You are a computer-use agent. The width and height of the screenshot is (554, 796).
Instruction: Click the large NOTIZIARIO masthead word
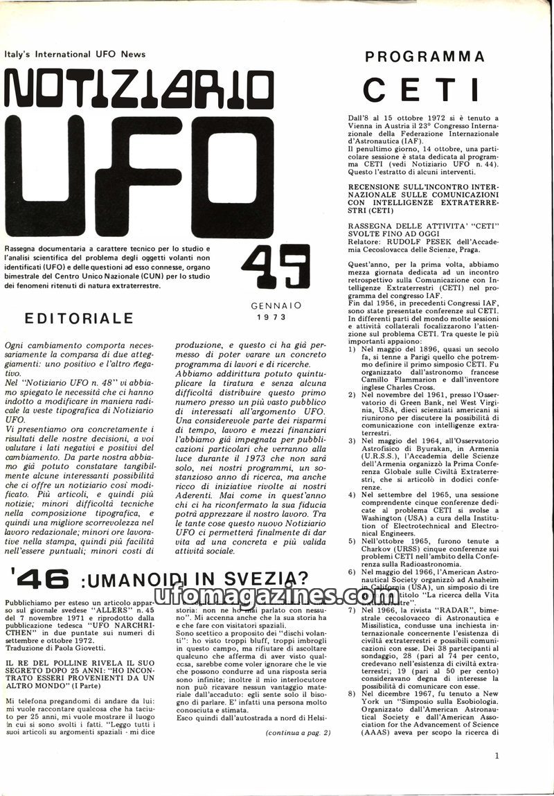coord(138,90)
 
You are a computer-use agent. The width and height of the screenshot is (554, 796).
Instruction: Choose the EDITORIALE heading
coord(78,319)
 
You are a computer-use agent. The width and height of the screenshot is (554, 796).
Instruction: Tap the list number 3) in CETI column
coord(352,441)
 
